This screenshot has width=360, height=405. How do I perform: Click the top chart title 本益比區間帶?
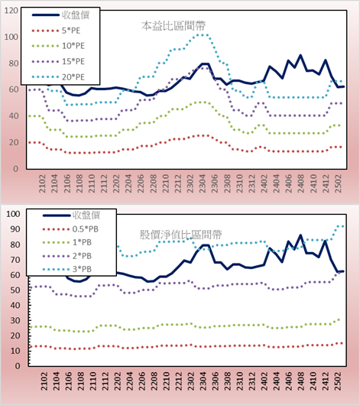[174, 26]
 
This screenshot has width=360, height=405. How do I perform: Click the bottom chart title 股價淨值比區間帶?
[180, 235]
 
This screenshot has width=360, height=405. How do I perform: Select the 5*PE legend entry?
[71, 31]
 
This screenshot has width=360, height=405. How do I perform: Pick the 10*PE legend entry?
[73, 46]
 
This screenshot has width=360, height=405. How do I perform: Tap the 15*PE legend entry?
[73, 61]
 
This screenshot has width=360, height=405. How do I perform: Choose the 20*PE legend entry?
[73, 77]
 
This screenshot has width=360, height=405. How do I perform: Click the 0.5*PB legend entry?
[86, 229]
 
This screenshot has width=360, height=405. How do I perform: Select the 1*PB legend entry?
[82, 242]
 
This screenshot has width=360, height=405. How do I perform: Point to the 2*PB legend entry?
[82, 256]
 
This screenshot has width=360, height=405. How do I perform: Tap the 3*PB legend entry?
[82, 269]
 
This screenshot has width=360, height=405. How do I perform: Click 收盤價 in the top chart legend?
[76, 15]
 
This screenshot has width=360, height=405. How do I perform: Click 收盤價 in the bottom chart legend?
[86, 215]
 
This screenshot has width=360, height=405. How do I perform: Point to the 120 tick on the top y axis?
[11, 11]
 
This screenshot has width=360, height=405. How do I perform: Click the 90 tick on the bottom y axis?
[15, 229]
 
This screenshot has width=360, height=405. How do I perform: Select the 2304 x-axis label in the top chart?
[203, 183]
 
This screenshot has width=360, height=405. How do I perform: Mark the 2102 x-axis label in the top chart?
[42, 183]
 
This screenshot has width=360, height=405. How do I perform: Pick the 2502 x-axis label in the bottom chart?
[339, 381]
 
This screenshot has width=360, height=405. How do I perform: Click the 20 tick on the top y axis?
[14, 142]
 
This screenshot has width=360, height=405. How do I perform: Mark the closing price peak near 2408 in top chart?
[300, 55]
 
